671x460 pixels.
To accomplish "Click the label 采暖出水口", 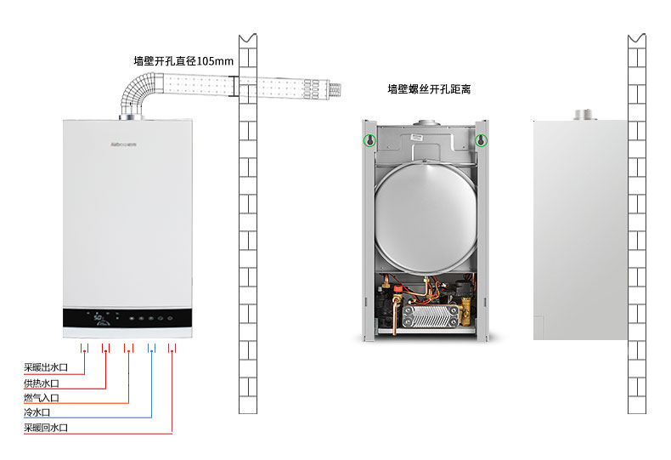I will pos(45,368).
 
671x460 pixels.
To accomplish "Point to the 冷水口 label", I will pos(37,412).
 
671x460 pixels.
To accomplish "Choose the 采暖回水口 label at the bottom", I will pos(45,428).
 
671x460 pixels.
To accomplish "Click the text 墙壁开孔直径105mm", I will pos(183,61).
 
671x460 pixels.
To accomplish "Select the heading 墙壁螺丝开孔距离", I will pos(429,88).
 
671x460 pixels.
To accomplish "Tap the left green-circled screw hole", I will pos(369,140).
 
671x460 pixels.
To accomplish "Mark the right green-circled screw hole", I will pos(481,140).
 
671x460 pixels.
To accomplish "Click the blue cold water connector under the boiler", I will pos(152,349).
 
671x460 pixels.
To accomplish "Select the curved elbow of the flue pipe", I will pos(136,94).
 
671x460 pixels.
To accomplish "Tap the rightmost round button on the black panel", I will pos(170,320).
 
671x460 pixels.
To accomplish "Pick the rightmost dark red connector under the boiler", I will pos(172,349).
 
